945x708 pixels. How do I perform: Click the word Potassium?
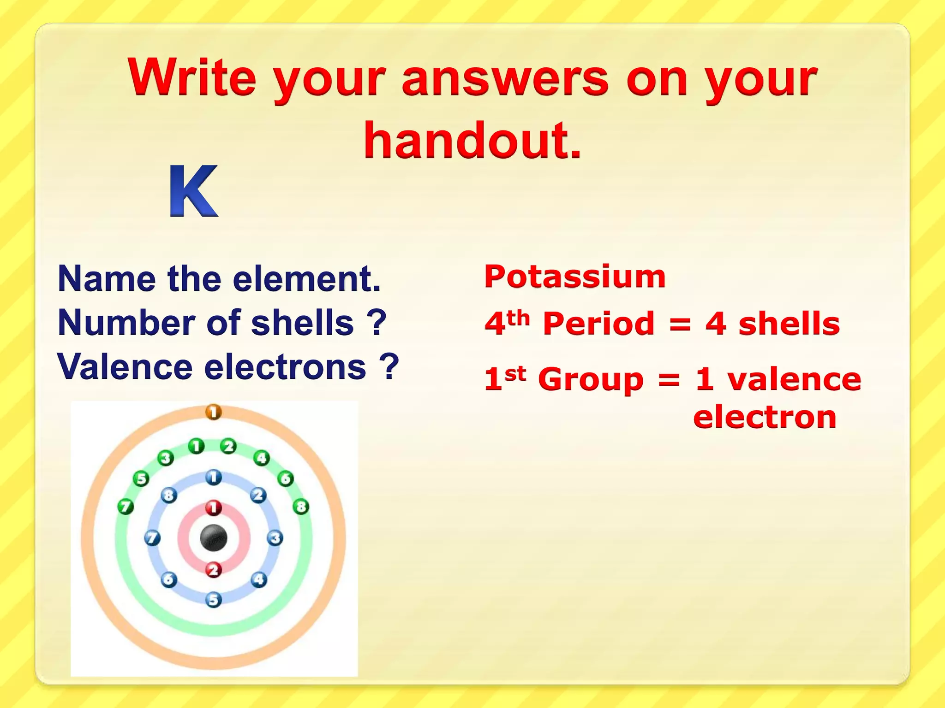575,277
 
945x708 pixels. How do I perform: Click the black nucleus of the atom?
214,538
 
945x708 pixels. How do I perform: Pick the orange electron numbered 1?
213,412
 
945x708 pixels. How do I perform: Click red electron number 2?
213,570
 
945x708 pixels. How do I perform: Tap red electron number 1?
213,508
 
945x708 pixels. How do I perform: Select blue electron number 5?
213,600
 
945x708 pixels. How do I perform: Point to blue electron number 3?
275,538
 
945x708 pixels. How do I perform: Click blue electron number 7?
152,538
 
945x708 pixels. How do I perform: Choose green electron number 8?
301,507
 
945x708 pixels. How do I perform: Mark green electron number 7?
126,507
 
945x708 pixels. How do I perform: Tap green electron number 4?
262,458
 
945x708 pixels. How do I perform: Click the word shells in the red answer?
789,324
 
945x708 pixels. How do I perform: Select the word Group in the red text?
591,379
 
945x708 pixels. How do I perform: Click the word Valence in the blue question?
125,367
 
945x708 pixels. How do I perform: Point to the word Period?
598,324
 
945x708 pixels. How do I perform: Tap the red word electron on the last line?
765,417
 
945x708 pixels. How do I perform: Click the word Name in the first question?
107,279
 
